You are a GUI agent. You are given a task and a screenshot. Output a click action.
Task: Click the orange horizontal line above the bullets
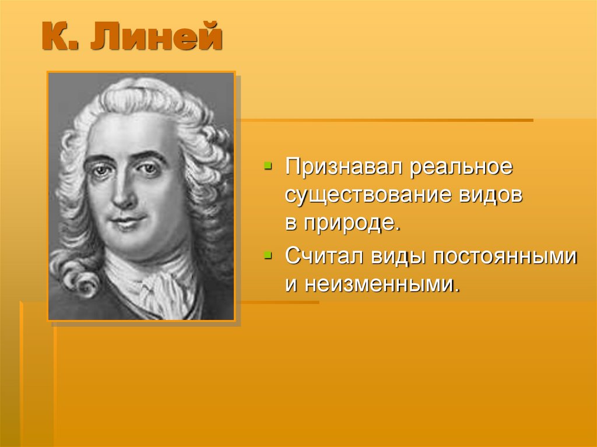point(385,121)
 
